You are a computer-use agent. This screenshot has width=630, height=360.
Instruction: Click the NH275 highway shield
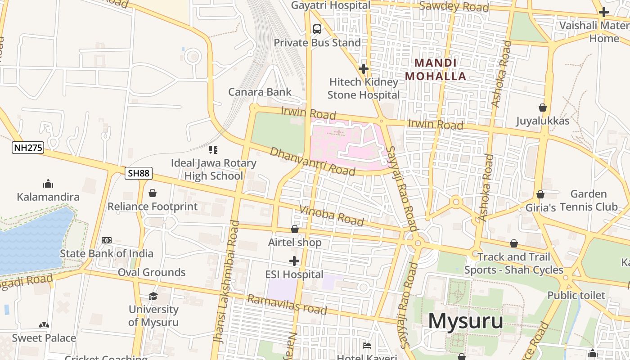(x=28, y=148)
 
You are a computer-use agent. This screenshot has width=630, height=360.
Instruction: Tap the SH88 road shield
(x=139, y=173)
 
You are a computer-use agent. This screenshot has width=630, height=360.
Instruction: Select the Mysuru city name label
(x=465, y=321)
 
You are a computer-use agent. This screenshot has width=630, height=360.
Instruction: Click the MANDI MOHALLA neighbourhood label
(x=436, y=70)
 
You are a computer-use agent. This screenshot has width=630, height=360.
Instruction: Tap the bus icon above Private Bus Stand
(x=317, y=29)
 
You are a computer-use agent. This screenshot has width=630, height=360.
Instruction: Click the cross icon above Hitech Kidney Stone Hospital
(x=364, y=69)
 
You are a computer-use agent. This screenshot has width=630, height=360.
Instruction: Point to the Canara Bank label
(x=260, y=92)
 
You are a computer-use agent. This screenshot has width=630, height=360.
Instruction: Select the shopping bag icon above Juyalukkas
(x=543, y=108)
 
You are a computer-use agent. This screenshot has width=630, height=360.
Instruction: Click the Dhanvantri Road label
(x=312, y=161)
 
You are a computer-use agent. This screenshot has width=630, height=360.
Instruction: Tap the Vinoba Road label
(x=331, y=215)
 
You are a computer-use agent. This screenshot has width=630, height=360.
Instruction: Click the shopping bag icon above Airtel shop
(x=295, y=229)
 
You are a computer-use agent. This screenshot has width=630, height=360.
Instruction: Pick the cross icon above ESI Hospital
(x=294, y=261)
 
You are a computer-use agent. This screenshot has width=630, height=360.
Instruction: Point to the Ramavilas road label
(x=287, y=305)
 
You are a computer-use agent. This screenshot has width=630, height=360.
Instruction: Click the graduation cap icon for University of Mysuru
(x=153, y=296)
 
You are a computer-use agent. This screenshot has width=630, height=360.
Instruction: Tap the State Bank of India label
(x=107, y=253)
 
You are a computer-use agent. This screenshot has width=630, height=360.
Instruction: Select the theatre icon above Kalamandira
(x=48, y=184)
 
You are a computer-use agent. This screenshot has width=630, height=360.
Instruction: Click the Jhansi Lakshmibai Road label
(x=227, y=282)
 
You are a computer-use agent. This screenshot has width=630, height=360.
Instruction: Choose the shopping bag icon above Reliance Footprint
(x=153, y=193)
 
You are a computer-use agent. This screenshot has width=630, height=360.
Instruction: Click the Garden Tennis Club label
(x=589, y=200)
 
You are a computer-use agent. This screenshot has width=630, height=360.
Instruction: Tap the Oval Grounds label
(x=152, y=272)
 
